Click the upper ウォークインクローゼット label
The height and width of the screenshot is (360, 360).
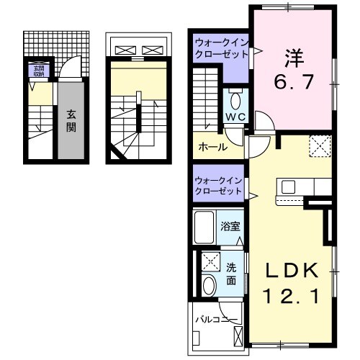pos(220,50)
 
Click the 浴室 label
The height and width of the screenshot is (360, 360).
pos(230,225)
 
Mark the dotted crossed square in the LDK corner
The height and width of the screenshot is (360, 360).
pos(319,146)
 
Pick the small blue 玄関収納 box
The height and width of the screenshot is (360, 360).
pos(37,71)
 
